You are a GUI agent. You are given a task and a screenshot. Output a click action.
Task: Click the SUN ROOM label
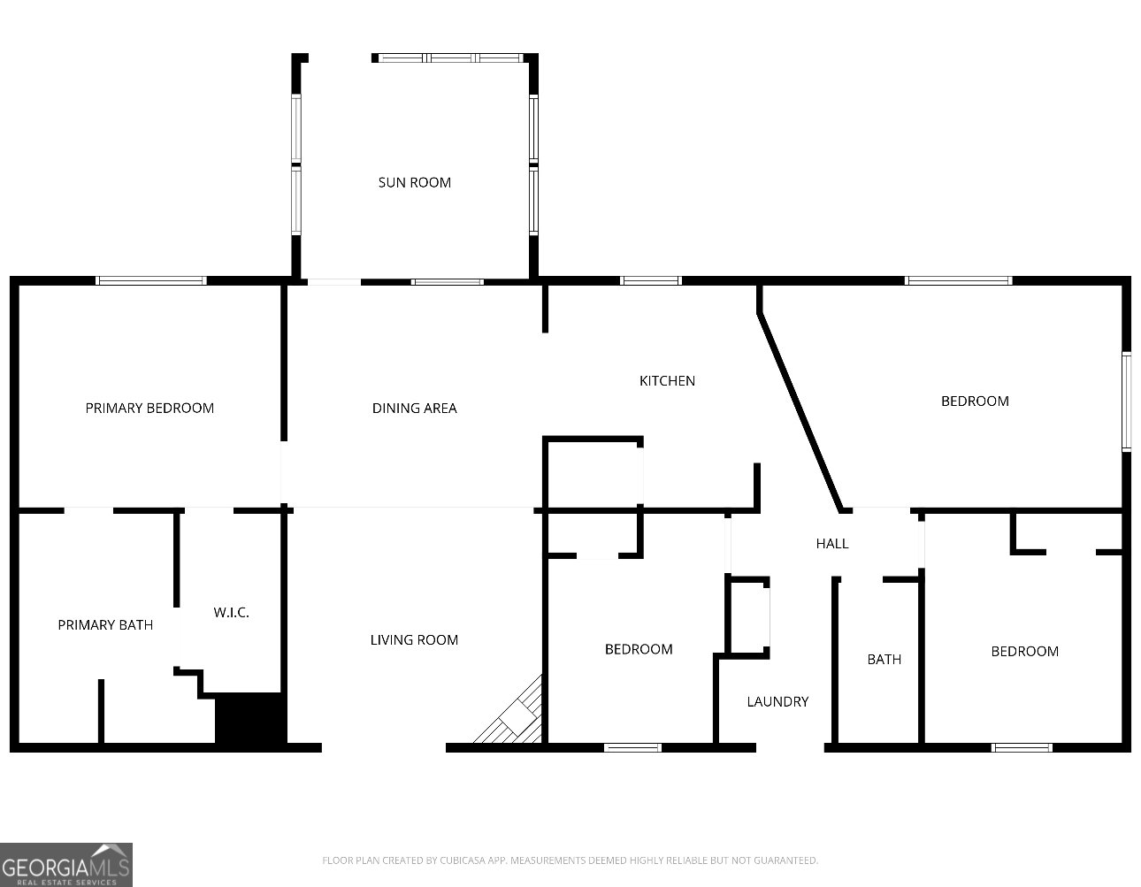(x=414, y=182)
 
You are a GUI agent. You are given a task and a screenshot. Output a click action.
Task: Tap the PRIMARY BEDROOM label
(x=149, y=408)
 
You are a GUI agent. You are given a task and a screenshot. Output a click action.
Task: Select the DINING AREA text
(x=414, y=408)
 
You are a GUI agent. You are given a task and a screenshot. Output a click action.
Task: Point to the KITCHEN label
(x=667, y=380)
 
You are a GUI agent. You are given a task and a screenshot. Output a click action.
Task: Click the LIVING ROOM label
(x=414, y=639)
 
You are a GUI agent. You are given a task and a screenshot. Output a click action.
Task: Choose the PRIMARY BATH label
(x=105, y=624)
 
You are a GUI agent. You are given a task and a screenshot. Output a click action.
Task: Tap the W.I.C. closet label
(x=231, y=612)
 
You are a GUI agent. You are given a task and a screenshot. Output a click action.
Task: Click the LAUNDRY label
(x=777, y=701)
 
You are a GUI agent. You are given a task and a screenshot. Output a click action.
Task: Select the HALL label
(x=831, y=543)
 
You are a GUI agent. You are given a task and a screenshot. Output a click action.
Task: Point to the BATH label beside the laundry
(x=884, y=659)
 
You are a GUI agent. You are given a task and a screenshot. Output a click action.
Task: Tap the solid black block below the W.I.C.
(x=250, y=719)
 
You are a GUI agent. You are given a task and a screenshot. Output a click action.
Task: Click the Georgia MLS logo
(x=66, y=864)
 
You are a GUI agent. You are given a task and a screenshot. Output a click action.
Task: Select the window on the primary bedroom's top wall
(x=151, y=280)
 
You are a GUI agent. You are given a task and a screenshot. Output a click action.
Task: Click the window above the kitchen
(x=651, y=280)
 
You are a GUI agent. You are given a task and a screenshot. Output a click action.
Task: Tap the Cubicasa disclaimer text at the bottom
(x=570, y=860)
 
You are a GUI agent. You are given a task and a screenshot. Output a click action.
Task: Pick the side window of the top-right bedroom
(x=1127, y=401)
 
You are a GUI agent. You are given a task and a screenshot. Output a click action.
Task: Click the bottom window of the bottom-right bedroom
(x=1022, y=747)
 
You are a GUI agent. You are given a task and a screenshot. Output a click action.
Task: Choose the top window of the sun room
(x=451, y=58)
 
